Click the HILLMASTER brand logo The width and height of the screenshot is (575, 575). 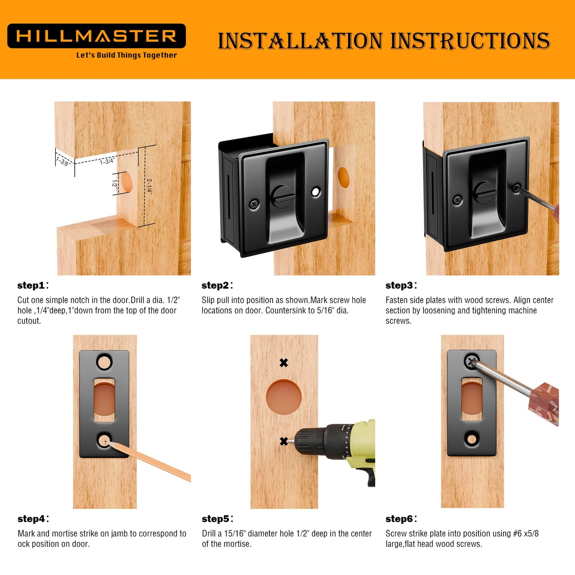point(96,36)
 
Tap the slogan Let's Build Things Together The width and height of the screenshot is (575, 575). point(127,55)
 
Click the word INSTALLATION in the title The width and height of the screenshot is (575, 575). point(300,41)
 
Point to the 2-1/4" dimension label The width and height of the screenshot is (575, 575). point(149,186)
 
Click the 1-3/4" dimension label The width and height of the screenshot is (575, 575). point(107,161)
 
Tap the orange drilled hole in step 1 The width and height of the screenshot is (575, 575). point(127,181)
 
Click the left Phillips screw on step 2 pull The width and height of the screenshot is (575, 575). point(254,205)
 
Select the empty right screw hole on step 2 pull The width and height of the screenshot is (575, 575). point(316,192)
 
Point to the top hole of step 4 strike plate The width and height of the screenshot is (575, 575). point(104,362)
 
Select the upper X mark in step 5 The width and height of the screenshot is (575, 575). point(283,363)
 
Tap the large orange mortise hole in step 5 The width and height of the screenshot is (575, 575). point(284,397)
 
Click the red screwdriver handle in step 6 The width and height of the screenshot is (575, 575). point(544,403)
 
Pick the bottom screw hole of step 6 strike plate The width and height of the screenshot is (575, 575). point(472,439)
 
